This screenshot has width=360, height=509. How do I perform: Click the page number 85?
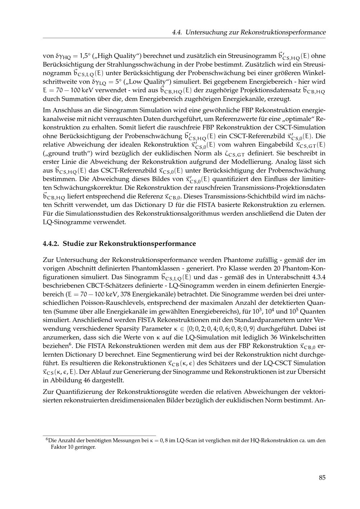(x=322, y=478)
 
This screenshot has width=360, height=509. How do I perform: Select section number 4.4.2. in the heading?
(x=51, y=244)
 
